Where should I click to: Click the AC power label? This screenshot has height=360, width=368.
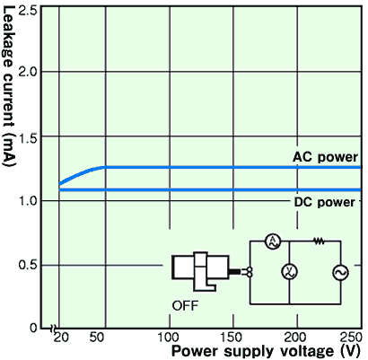click(325, 157)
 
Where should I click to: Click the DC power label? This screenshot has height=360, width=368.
click(325, 203)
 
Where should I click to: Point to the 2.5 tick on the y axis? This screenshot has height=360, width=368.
click(28, 11)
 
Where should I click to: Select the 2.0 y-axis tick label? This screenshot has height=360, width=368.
click(28, 72)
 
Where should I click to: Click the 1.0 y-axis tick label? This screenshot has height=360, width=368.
click(28, 201)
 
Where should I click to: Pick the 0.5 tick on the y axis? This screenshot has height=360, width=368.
click(28, 265)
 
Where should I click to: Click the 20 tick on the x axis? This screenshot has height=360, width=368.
click(61, 338)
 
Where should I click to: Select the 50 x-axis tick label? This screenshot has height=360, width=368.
click(97, 338)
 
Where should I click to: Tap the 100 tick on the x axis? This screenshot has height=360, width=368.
click(169, 338)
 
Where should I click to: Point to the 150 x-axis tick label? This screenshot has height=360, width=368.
click(231, 338)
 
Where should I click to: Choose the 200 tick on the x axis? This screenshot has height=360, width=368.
click(295, 338)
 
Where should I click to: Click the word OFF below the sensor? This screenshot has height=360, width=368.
click(185, 306)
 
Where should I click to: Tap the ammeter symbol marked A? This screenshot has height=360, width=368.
click(273, 241)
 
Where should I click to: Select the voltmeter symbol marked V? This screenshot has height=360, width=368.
click(290, 272)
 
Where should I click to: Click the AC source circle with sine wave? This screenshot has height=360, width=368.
click(341, 273)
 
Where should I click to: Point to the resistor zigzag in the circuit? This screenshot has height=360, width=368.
click(319, 241)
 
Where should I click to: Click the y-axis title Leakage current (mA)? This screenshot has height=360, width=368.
click(8, 86)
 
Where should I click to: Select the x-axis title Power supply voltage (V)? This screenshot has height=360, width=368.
click(266, 351)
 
